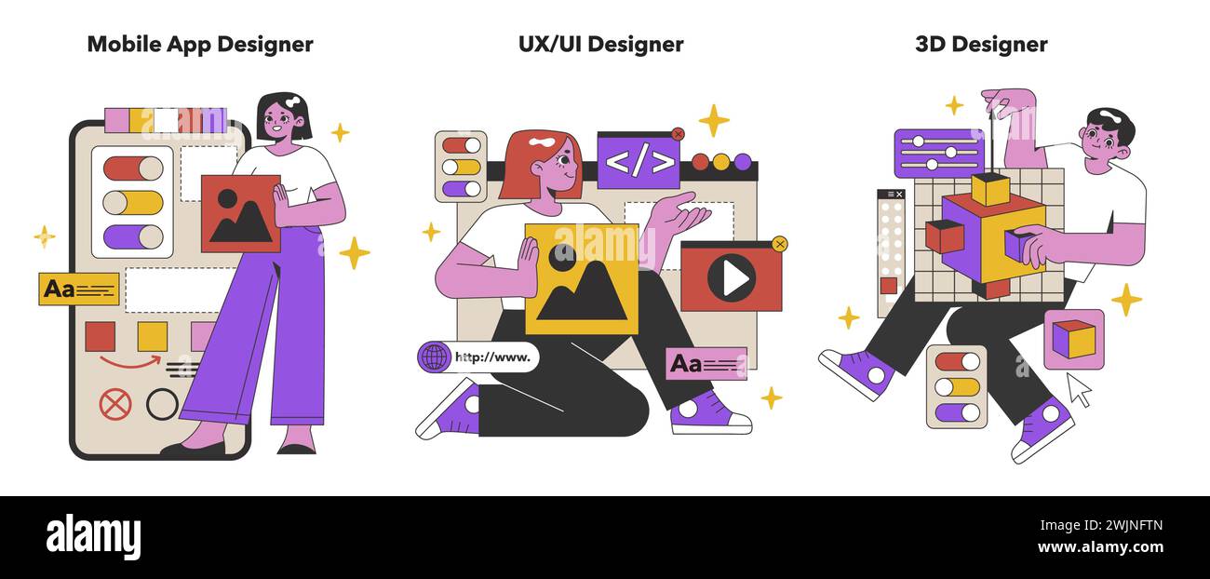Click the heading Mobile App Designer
point(200,44)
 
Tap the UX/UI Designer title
point(600,44)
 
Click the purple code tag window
point(639,161)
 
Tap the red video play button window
point(731,276)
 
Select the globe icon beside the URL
point(434,357)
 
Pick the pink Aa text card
point(706,363)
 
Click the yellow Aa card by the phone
point(79,289)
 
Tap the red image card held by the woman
point(240,213)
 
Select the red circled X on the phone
point(115,404)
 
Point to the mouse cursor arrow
point(1078,389)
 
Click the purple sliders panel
point(938,153)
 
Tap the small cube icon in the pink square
point(1073,339)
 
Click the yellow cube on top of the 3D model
point(990,189)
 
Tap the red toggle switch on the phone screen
point(133,168)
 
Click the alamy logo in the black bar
point(93,537)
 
